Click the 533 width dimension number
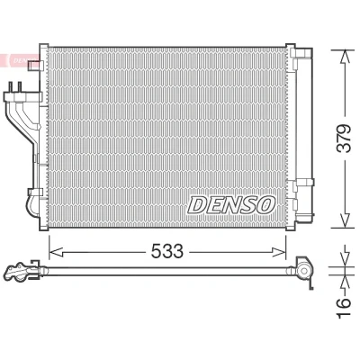pyautogui.click(x=166, y=251)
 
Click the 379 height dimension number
pyautogui.click(x=344, y=139)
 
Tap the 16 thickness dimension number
pyautogui.click(x=344, y=306)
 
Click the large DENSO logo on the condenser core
pyautogui.click(x=231, y=204)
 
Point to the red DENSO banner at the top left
pyautogui.click(x=19, y=60)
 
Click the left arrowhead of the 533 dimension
pyautogui.click(x=56, y=252)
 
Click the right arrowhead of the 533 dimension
pyautogui.click(x=279, y=252)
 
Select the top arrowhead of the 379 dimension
pyautogui.click(x=346, y=56)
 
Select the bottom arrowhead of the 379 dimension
pyautogui.click(x=346, y=220)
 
